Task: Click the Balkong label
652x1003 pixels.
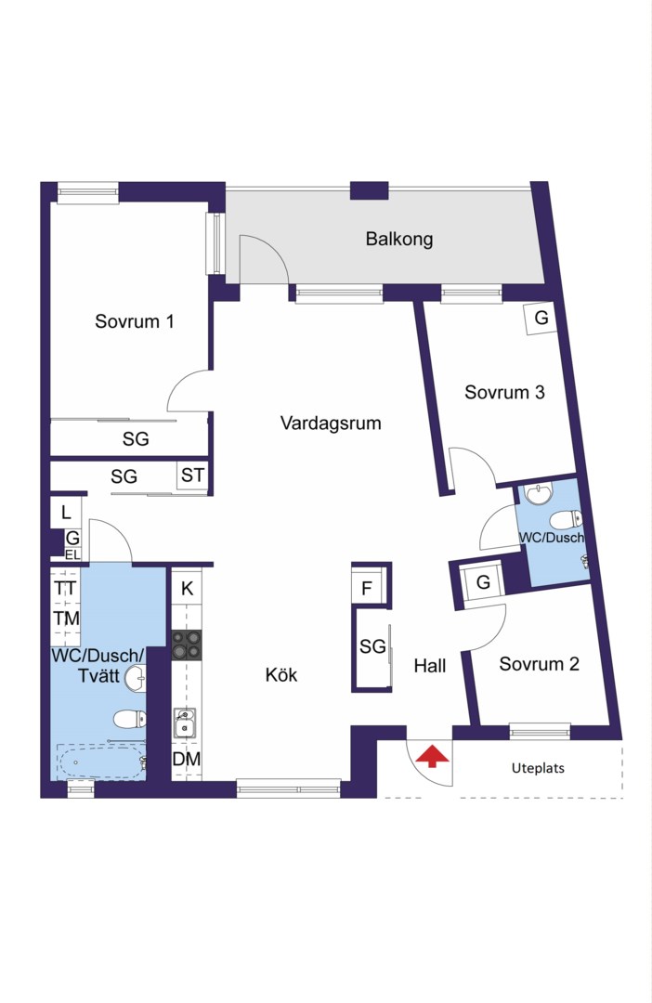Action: pyautogui.click(x=399, y=240)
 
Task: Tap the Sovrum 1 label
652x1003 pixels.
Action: pyautogui.click(x=135, y=321)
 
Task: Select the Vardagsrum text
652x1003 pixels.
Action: pyautogui.click(x=331, y=423)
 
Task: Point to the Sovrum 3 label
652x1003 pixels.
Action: pyautogui.click(x=505, y=392)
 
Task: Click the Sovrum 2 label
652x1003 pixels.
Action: pyautogui.click(x=540, y=664)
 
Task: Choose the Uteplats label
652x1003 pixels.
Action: pyautogui.click(x=538, y=768)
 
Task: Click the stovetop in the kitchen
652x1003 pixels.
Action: pyautogui.click(x=186, y=645)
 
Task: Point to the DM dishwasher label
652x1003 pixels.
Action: pyautogui.click(x=186, y=760)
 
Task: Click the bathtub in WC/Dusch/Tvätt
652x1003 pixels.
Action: pyautogui.click(x=102, y=762)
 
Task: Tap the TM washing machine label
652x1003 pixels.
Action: pyautogui.click(x=67, y=619)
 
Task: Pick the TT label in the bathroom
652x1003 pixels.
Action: pyautogui.click(x=65, y=588)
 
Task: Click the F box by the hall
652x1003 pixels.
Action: pyautogui.click(x=367, y=589)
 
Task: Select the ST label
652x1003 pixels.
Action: pyautogui.click(x=192, y=475)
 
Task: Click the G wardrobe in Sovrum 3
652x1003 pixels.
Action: pyautogui.click(x=541, y=318)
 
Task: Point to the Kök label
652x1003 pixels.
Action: pyautogui.click(x=281, y=675)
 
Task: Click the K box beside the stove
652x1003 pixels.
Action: pyautogui.click(x=187, y=588)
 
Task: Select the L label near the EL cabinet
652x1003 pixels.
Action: pyautogui.click(x=66, y=513)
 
